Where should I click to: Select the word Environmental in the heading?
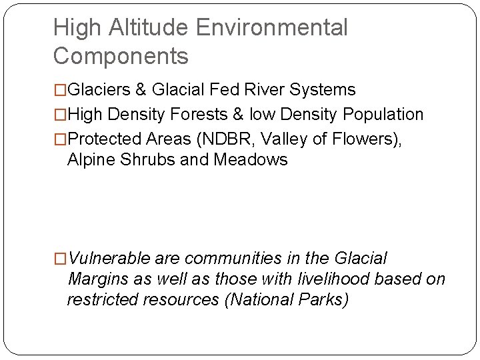point(272,28)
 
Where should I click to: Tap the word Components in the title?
point(121,56)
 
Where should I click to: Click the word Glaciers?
point(99,89)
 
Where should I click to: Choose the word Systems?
point(329,89)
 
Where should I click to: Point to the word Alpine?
point(89,160)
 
